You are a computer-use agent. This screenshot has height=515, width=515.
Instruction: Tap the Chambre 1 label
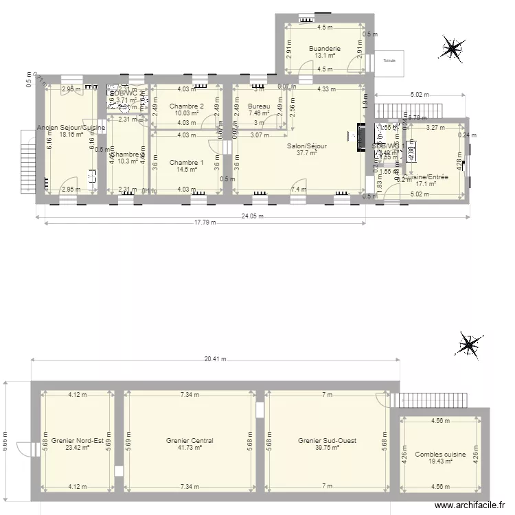coord(186,163)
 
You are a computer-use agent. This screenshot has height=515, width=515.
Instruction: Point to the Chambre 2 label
coord(187,106)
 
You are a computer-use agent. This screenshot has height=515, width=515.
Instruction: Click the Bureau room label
coord(259,106)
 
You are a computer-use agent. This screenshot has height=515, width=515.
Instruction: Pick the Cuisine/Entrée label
coord(426,177)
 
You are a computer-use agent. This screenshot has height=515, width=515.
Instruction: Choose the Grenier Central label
coord(190,441)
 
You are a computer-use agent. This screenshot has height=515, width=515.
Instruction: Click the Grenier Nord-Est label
coord(77,441)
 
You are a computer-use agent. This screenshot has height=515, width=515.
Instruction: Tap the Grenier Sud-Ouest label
coord(327,441)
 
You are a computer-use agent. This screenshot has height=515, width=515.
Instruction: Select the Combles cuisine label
coord(440,455)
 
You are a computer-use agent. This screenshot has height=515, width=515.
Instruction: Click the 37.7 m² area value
coord(307,154)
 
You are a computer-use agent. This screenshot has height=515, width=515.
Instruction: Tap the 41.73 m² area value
coord(190,448)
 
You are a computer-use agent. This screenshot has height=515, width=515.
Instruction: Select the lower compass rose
coord(470,345)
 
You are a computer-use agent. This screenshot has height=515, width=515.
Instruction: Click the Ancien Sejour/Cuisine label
coord(72,128)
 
